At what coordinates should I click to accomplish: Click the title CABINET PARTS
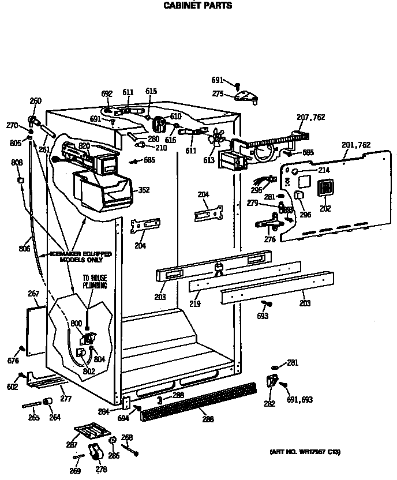(x=198, y=6)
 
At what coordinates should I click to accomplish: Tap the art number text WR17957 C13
(x=305, y=452)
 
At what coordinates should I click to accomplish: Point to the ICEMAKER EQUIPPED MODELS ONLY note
(x=80, y=257)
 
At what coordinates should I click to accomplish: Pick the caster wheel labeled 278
(x=92, y=452)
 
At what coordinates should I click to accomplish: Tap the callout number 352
(x=143, y=190)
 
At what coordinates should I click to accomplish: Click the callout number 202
(x=325, y=208)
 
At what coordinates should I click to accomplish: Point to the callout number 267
(x=33, y=294)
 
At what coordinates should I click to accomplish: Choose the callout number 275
(x=218, y=93)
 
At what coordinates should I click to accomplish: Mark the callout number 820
(x=84, y=146)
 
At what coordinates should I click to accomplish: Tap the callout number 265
(x=34, y=417)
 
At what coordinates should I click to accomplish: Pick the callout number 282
(x=269, y=404)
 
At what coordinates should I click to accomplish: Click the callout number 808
(x=17, y=163)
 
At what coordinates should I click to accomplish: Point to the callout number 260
(x=35, y=101)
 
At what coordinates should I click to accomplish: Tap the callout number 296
(x=305, y=215)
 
